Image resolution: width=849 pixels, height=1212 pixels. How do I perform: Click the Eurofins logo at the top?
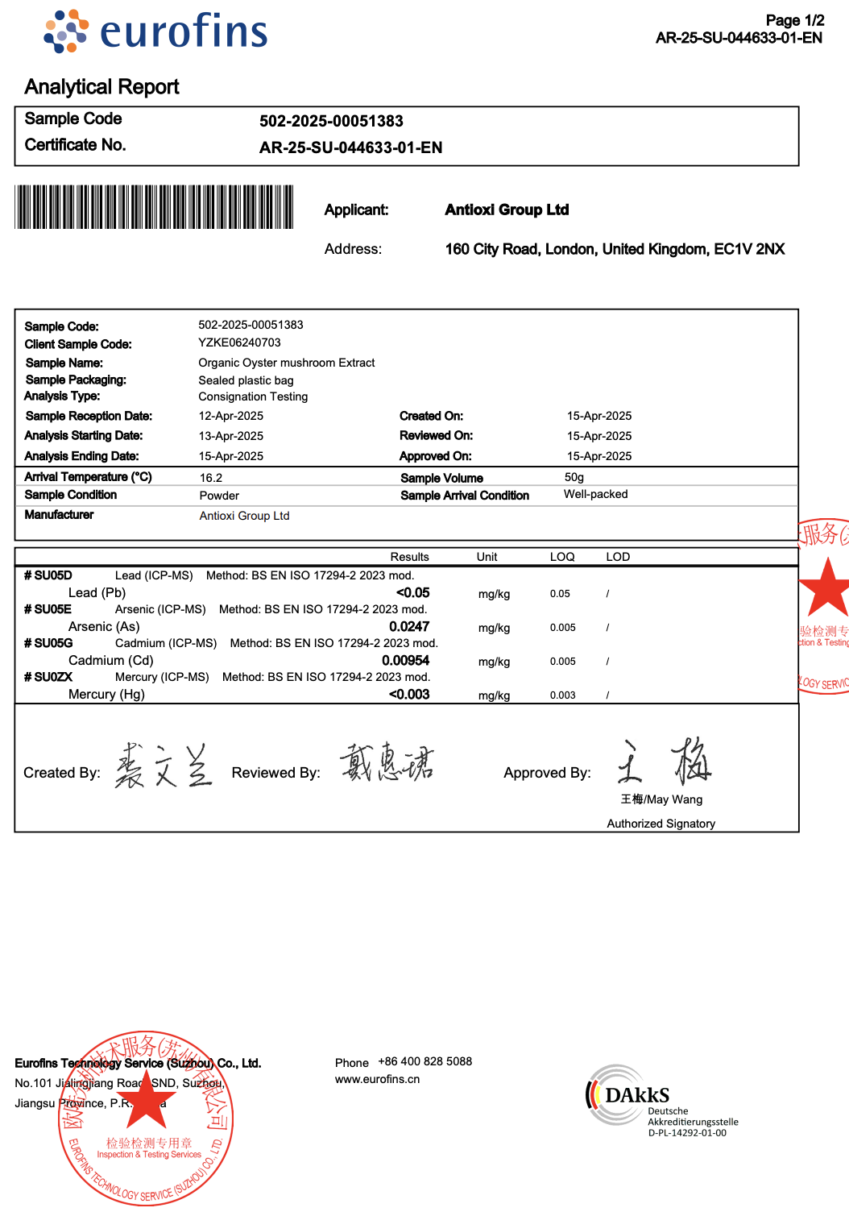click(x=156, y=32)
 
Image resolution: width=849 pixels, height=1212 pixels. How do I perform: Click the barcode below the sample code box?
click(x=154, y=207)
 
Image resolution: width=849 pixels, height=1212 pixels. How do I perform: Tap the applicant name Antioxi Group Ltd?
click(x=507, y=210)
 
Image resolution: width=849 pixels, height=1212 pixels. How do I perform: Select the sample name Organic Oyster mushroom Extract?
click(x=287, y=363)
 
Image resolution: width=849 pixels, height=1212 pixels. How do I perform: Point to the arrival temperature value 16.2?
click(x=211, y=478)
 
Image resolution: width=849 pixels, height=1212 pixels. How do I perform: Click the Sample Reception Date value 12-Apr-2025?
click(x=231, y=416)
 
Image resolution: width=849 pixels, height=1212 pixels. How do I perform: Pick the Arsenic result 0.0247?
click(x=409, y=627)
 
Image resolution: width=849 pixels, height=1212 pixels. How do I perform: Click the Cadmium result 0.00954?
click(x=405, y=661)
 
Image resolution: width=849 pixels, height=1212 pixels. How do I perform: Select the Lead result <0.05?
click(x=412, y=593)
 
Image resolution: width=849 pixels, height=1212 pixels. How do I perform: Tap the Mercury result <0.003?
click(x=409, y=695)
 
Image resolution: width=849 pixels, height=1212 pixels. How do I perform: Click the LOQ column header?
click(x=562, y=557)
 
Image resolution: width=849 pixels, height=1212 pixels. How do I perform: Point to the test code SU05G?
click(x=53, y=643)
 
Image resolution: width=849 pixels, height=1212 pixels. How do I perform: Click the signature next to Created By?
click(x=164, y=766)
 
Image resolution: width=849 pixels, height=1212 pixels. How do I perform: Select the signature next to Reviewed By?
click(x=387, y=762)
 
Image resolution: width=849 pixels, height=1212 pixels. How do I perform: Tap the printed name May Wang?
click(x=661, y=799)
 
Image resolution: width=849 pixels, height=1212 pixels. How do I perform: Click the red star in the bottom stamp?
click(x=147, y=1101)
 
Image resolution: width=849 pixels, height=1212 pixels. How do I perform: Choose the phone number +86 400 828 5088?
click(x=424, y=1061)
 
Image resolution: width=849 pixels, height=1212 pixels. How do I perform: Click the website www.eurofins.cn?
click(x=377, y=1079)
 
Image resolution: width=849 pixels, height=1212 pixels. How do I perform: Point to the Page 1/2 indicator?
click(x=794, y=20)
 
